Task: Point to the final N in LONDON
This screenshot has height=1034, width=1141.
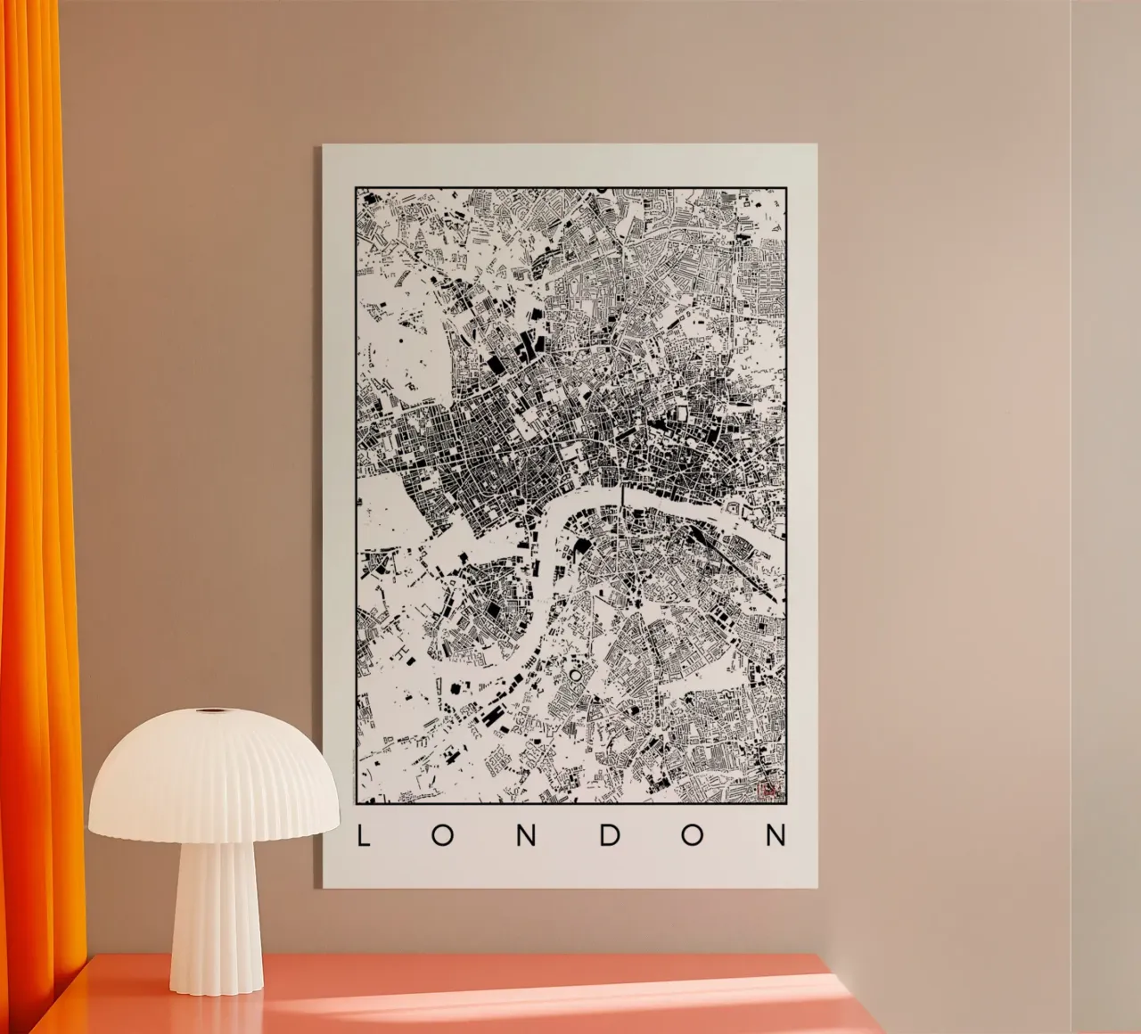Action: pyautogui.click(x=777, y=835)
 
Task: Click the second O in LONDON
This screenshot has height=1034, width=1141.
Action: pyautogui.click(x=694, y=835)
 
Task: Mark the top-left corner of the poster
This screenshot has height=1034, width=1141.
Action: pyautogui.click(x=324, y=145)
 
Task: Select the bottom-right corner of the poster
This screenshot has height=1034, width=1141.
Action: pyautogui.click(x=817, y=889)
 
